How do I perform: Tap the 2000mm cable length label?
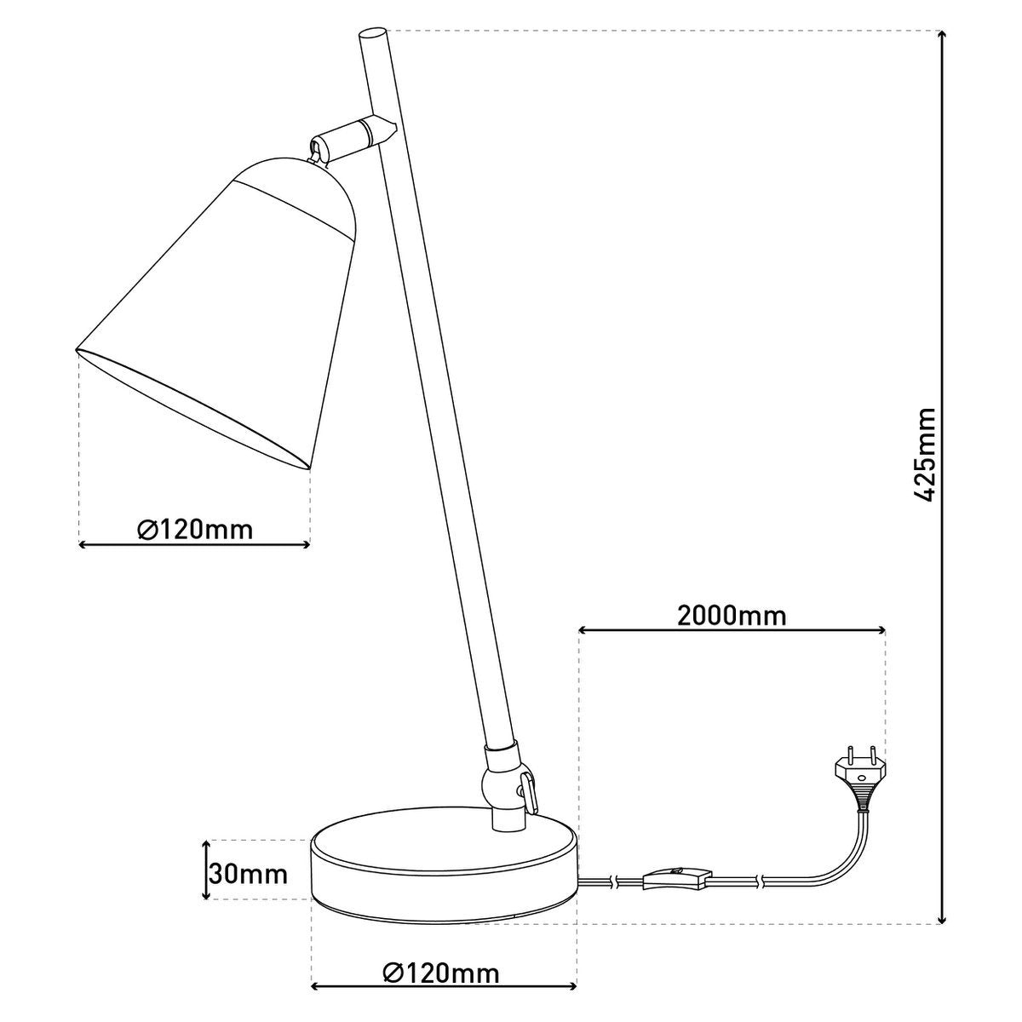[732, 615]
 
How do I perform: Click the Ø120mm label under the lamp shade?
[195, 530]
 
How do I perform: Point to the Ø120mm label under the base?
[441, 972]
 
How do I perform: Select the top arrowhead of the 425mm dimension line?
[942, 36]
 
